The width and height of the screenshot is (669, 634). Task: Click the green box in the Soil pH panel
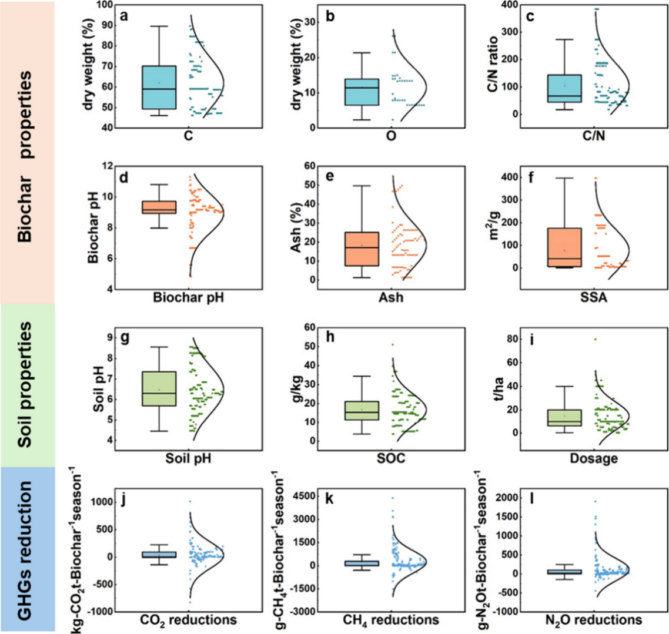point(159,388)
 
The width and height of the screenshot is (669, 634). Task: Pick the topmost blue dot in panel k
point(393,498)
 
